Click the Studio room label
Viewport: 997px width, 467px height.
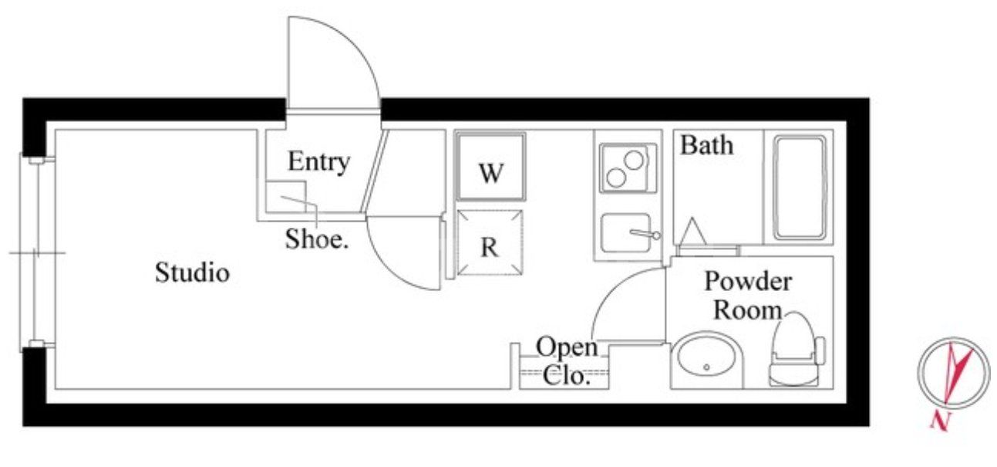[192, 272]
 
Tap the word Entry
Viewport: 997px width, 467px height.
[318, 162]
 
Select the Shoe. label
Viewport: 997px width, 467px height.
[318, 239]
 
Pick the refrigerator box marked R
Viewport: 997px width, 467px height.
[490, 242]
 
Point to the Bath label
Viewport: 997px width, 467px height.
[706, 145]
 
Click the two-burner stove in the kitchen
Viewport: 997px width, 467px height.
[627, 168]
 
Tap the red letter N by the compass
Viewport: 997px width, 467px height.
[938, 421]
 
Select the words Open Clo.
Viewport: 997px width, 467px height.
[566, 360]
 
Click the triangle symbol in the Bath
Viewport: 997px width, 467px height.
[692, 230]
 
